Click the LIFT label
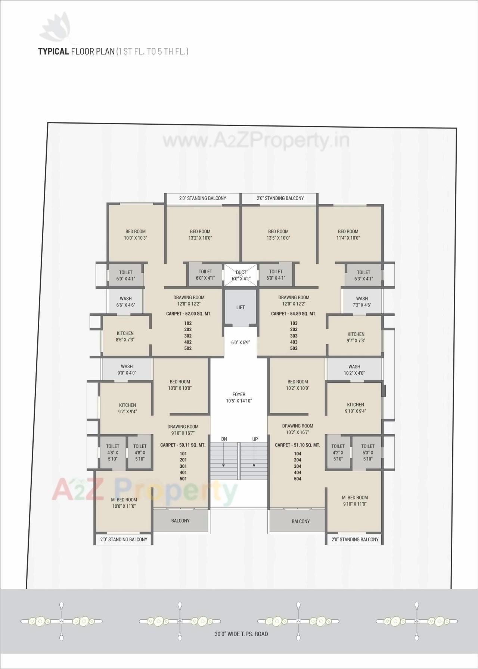(240, 307)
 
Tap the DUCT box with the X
(241, 276)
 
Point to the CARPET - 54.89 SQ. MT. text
(294, 314)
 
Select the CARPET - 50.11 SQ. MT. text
(183, 445)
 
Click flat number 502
(188, 348)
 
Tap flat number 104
(298, 454)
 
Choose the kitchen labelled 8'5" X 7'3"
(125, 336)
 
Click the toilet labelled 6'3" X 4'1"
(363, 276)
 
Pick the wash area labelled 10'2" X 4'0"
(354, 370)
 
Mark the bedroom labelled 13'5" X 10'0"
(278, 234)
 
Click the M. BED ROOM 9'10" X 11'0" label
(355, 501)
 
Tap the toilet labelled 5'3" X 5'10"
(368, 452)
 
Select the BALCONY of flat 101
(180, 521)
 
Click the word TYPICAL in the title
(53, 52)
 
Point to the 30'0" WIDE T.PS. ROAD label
(241, 634)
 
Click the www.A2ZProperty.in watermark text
(256, 141)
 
